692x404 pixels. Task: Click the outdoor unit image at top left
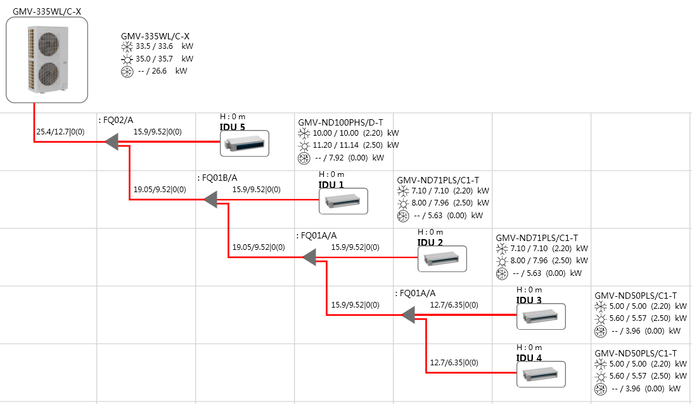(46, 60)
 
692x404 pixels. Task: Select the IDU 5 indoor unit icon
(244, 143)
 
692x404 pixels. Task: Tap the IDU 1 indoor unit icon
(343, 201)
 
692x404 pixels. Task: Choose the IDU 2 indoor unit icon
(442, 259)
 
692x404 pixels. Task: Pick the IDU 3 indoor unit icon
(541, 316)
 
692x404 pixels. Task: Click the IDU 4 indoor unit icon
(541, 374)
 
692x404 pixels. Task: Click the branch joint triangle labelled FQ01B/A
(211, 200)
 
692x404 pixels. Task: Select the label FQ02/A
(117, 119)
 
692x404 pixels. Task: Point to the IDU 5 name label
(232, 126)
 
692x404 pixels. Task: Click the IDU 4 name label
(529, 358)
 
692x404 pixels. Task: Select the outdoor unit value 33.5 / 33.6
(155, 46)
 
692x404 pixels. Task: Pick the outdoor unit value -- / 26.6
(153, 72)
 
